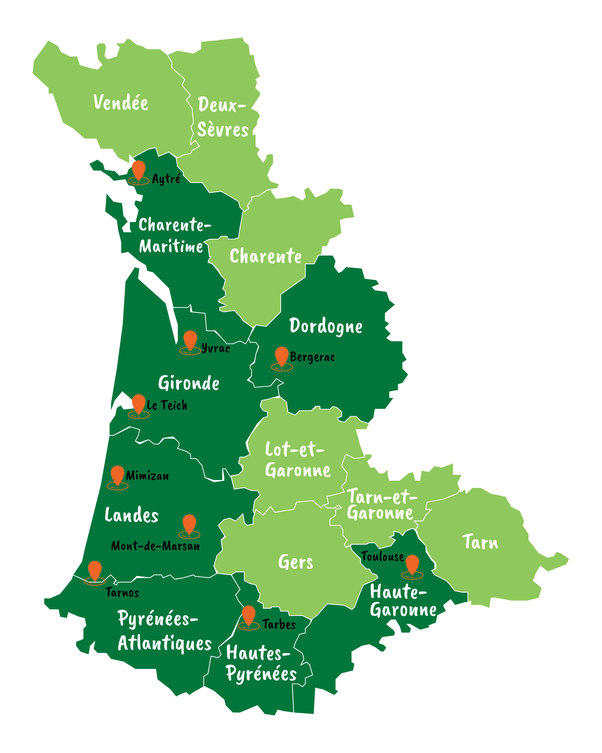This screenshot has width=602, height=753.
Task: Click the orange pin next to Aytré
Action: coord(139,170)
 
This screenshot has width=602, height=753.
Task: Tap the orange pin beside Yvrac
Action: coord(190,340)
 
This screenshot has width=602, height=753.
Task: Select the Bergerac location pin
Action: coord(281,356)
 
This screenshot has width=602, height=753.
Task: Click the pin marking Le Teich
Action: coord(139,403)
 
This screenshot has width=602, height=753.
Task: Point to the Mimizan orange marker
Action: coord(117,475)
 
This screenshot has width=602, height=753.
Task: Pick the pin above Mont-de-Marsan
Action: coord(189,523)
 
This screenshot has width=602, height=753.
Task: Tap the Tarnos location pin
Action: coord(94,570)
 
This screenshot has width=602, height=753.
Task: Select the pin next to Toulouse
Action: coord(412,564)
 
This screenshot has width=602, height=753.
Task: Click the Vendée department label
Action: coord(121,103)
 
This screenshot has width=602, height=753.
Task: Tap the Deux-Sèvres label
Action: coord(223,117)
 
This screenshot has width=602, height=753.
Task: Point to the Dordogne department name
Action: coord(326,326)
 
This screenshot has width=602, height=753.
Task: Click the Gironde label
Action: coord(189,383)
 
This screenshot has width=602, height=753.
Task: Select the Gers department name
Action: coord(295,562)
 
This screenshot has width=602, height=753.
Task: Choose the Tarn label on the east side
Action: coord(480,542)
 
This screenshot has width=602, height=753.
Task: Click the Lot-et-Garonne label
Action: coord(297,460)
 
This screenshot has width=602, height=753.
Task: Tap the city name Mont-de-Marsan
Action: coord(155,546)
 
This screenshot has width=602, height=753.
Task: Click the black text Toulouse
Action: coord(382,556)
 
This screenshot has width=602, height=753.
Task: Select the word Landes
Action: coord(132,515)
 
